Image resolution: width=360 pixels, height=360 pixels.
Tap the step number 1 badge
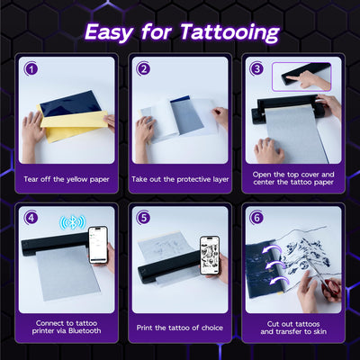31,68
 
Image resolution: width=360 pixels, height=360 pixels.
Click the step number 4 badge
31,218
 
